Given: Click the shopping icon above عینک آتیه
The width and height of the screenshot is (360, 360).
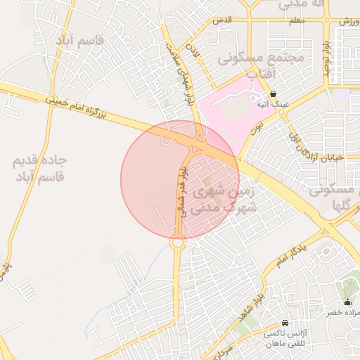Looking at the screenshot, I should click(273, 94).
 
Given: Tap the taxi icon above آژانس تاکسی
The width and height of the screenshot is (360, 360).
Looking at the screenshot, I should click(285, 323).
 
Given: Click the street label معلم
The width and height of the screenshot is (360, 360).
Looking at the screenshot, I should click(296, 21).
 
